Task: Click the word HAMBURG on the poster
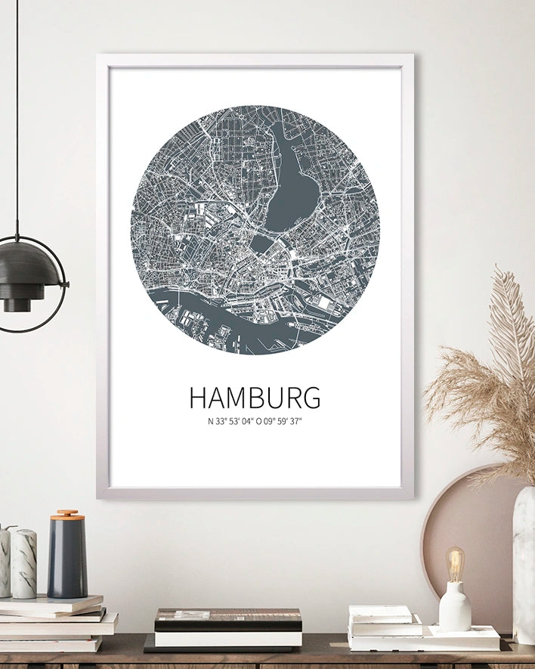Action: click(255, 398)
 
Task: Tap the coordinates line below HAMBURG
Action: click(255, 422)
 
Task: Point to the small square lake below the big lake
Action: click(261, 243)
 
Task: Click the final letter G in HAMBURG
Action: click(311, 398)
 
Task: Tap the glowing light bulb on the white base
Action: click(454, 563)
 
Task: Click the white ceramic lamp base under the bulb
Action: click(454, 606)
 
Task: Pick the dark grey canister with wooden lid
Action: click(66, 559)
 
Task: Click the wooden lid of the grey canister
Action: click(67, 515)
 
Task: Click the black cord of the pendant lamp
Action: click(17, 113)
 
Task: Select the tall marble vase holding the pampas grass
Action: click(524, 563)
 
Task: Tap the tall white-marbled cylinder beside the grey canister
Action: click(23, 563)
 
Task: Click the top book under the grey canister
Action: click(53, 602)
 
